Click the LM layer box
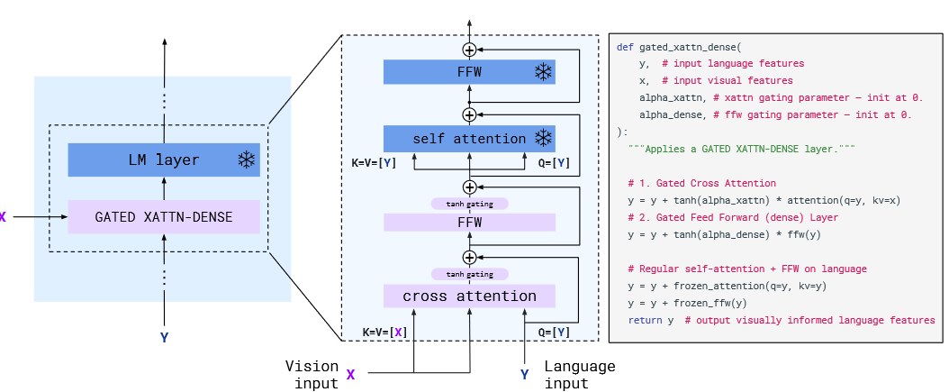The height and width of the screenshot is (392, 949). pyautogui.click(x=164, y=160)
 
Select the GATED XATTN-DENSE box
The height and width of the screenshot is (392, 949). pyautogui.click(x=164, y=217)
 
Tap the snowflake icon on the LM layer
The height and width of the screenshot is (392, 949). pyautogui.click(x=246, y=160)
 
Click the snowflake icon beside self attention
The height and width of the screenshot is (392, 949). pyautogui.click(x=543, y=138)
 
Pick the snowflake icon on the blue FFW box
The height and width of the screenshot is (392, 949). pyautogui.click(x=543, y=72)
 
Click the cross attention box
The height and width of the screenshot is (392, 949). pyautogui.click(x=469, y=296)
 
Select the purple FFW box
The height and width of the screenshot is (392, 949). pyautogui.click(x=469, y=221)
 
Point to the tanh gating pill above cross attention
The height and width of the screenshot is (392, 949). pyautogui.click(x=469, y=273)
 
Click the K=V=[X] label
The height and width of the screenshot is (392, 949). pyautogui.click(x=384, y=333)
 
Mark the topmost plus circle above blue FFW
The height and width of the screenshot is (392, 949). pyautogui.click(x=469, y=49)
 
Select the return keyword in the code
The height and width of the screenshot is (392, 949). pyautogui.click(x=645, y=320)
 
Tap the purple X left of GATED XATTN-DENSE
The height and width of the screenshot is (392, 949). pyautogui.click(x=3, y=217)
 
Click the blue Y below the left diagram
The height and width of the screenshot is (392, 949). pyautogui.click(x=164, y=338)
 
